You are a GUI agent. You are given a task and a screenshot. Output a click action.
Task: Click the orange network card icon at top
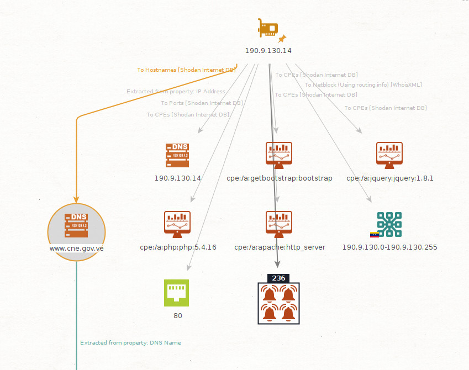pos(268,28)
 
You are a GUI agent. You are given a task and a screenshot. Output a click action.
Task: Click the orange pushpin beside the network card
pos(283,39)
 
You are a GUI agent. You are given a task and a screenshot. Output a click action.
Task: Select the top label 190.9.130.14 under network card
pos(268,51)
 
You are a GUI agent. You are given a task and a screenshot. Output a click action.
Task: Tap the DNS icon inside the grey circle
pos(76,225)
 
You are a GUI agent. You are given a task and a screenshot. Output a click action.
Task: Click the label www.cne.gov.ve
pos(76,248)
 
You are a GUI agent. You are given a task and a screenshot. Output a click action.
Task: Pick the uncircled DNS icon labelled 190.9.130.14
pos(177,156)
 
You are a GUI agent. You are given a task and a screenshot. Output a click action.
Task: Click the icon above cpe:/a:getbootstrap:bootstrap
pos(279,156)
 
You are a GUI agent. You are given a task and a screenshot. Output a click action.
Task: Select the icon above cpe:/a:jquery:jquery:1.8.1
pos(389,156)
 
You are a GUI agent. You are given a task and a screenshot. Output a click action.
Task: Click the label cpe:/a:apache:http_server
pos(280,247)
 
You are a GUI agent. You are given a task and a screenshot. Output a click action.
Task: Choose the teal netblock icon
pos(389,224)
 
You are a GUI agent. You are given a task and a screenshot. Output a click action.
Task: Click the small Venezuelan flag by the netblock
pos(374,235)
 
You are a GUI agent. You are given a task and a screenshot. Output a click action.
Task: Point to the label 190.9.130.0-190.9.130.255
pos(389,247)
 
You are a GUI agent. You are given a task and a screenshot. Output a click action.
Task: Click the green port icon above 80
pos(177,293)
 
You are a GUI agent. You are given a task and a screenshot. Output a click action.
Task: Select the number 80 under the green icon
pos(177,316)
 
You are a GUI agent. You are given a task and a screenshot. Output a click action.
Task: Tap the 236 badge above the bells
pos(279,278)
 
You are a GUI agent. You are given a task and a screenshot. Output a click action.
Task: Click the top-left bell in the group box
pos(270,294)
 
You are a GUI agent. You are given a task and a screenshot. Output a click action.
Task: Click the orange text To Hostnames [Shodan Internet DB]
pos(186,70)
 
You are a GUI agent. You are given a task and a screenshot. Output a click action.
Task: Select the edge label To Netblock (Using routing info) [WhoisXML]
pos(363,84)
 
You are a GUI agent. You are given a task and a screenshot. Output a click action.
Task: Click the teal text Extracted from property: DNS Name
pos(130,343)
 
